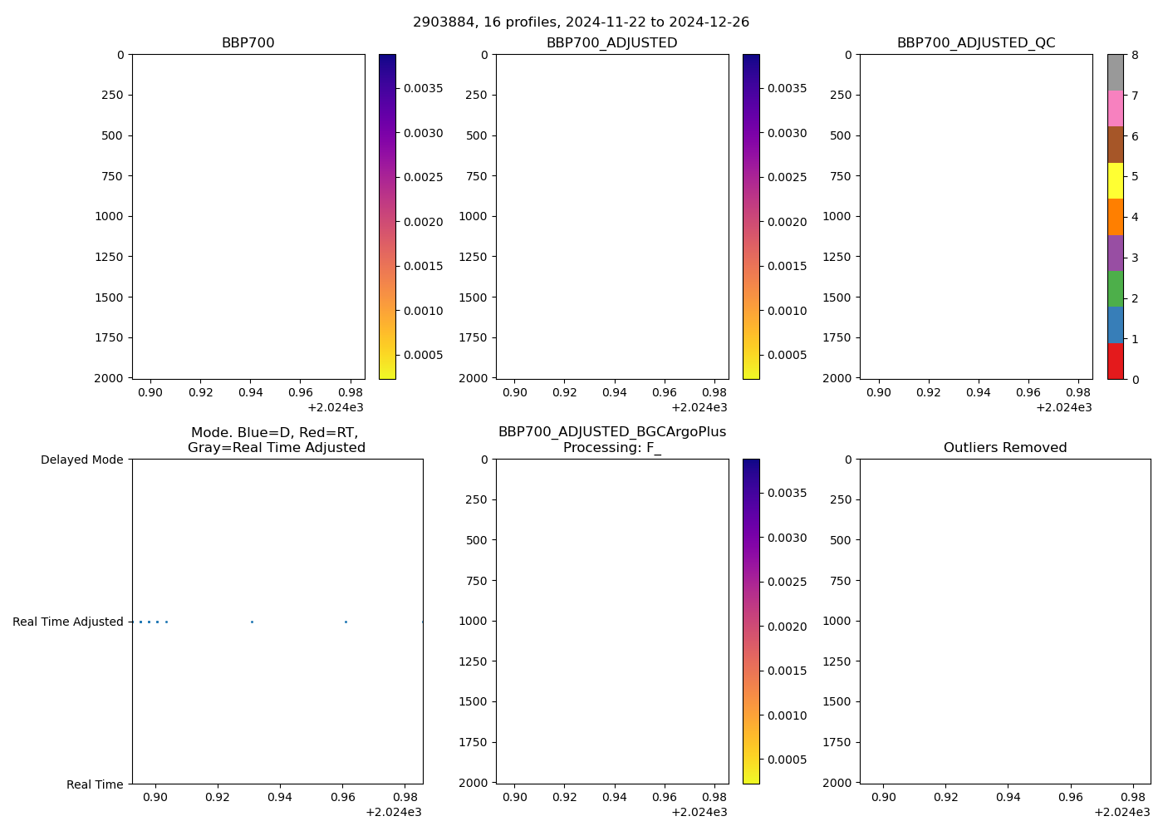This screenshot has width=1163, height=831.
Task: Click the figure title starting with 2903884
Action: click(581, 22)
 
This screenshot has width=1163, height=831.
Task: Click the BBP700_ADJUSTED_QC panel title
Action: click(976, 42)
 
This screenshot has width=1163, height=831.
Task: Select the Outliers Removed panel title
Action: click(1005, 447)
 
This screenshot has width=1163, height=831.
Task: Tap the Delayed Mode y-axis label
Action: click(81, 460)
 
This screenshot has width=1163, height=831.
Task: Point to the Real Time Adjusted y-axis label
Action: click(68, 622)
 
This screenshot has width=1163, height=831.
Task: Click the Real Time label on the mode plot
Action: click(95, 784)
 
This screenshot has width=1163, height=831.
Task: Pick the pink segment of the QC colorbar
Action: click(1115, 108)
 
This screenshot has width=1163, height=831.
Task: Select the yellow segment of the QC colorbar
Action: click(1115, 180)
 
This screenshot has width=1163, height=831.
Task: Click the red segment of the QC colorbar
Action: click(1115, 361)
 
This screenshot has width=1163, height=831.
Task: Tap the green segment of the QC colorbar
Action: click(1115, 288)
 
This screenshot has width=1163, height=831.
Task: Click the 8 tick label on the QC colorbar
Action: click(1135, 55)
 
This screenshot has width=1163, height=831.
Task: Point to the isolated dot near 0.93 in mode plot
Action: click(252, 622)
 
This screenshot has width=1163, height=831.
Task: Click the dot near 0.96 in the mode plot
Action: click(346, 622)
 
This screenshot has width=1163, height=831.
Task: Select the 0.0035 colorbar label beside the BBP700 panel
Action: click(423, 88)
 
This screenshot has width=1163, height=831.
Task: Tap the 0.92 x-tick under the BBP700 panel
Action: click(201, 392)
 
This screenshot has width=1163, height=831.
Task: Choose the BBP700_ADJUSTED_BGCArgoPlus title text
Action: click(612, 432)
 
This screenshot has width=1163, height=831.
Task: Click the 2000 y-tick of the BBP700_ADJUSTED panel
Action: click(474, 378)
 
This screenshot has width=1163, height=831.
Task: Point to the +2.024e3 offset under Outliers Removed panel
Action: click(1121, 812)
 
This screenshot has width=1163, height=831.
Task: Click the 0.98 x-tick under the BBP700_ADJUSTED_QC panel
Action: click(1078, 392)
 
